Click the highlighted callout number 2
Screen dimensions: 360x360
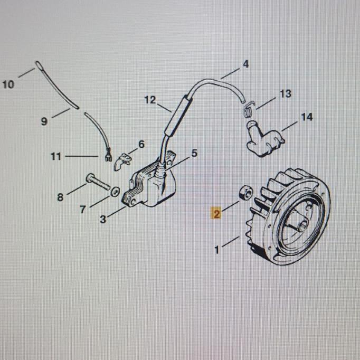(216, 213)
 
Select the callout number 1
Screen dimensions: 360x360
(217, 250)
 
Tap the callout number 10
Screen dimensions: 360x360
(8, 84)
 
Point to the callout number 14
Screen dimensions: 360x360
(307, 117)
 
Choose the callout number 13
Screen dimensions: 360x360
(285, 94)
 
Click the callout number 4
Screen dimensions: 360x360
(245, 64)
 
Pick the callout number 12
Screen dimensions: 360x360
(150, 99)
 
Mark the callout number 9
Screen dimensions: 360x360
(44, 121)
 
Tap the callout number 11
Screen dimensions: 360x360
(56, 156)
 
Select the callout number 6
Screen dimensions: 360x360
(141, 144)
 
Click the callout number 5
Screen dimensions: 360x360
(194, 153)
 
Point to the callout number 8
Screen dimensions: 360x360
(60, 197)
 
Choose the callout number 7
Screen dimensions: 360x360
(83, 210)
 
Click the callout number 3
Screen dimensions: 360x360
(103, 219)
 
